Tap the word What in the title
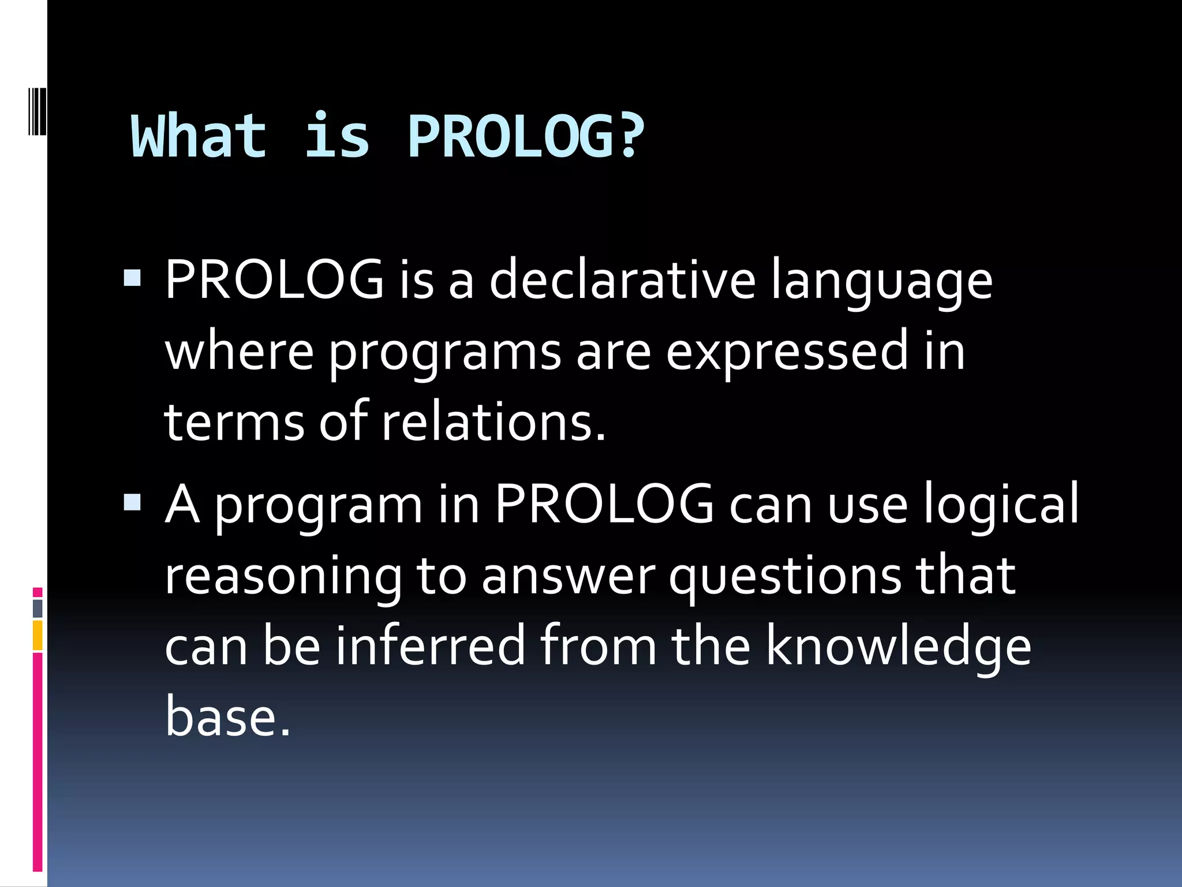[199, 137]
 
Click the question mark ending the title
[630, 137]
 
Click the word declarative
[622, 281]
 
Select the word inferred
[430, 646]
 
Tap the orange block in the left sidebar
[38, 635]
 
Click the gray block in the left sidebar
[38, 608]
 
